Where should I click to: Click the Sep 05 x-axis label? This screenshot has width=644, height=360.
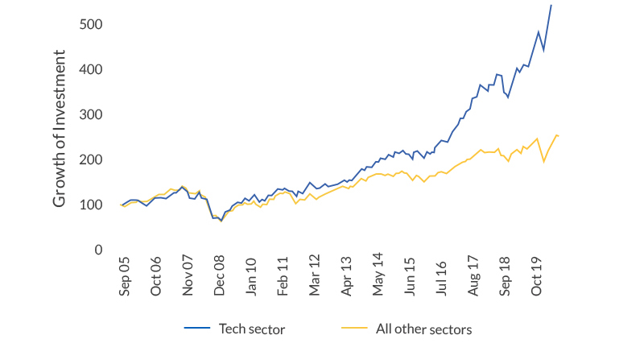[x=124, y=278]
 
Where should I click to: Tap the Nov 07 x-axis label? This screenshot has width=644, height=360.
[x=188, y=278]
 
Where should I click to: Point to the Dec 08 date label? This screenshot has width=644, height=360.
[x=219, y=278]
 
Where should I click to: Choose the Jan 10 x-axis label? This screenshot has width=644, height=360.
[x=251, y=278]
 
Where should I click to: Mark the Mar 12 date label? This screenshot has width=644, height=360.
[x=315, y=278]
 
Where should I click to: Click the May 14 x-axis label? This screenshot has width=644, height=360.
[x=378, y=278]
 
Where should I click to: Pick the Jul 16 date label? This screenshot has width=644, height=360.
[x=442, y=278]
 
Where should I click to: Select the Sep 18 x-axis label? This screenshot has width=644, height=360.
[x=506, y=278]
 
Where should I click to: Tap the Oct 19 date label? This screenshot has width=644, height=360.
[x=538, y=278]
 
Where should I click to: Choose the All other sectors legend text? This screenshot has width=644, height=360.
[x=423, y=329]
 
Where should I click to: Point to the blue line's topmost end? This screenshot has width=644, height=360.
[x=551, y=5]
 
